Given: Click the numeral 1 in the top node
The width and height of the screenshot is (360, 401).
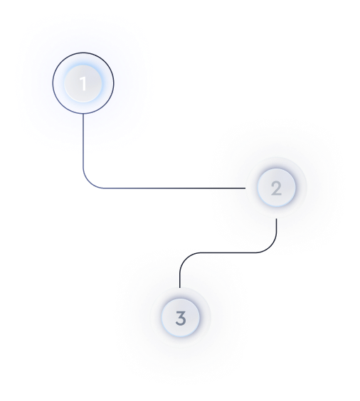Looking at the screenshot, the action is coord(83,83).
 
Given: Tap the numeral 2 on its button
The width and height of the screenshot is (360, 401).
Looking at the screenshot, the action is coord(276,188).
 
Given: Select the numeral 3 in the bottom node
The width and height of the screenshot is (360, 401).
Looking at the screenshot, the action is coord(181,318).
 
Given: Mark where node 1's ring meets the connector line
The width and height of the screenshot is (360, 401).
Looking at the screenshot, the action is coord(83,114).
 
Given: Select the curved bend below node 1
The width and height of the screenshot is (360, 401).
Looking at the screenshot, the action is coord(89,182).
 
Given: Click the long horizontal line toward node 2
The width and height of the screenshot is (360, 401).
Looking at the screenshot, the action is coord(174,188).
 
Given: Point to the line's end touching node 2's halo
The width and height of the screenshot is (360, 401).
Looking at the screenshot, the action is coord(245,188).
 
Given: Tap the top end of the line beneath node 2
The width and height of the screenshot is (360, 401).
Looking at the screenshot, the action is coord(276,219).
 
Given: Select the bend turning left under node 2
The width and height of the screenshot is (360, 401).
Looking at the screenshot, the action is coord(270,247).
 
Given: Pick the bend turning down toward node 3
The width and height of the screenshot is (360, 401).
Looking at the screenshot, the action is coord(186,259).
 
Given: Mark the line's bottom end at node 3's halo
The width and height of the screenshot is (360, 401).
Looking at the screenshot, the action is coord(180,288).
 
